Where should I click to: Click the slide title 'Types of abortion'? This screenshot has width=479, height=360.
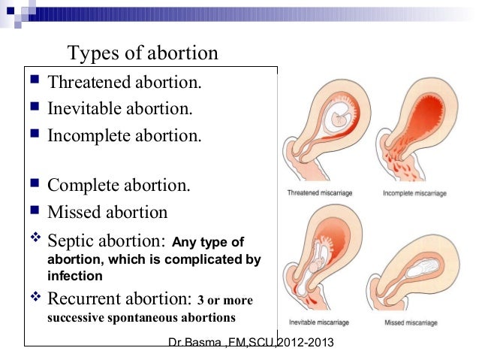click(143, 53)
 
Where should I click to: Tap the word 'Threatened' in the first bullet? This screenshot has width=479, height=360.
click(89, 82)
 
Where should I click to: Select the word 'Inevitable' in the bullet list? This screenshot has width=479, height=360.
click(85, 108)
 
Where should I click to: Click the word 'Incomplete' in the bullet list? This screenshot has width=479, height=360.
click(89, 135)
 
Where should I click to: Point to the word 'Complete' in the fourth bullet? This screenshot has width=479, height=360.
click(83, 186)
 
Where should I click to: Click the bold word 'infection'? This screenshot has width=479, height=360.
click(75, 276)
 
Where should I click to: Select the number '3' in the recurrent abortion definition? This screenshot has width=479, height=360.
click(200, 300)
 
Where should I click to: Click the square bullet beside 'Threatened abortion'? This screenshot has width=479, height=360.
click(35, 79)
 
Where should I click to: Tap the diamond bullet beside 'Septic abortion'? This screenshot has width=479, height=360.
click(35, 237)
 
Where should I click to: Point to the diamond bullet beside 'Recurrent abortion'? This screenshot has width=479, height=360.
click(35, 296)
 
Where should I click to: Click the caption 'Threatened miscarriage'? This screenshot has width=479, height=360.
click(320, 193)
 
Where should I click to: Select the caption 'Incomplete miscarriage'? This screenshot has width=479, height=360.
click(414, 193)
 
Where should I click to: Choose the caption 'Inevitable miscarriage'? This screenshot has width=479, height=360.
click(319, 322)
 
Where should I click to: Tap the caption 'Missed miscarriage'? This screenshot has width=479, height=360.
click(411, 322)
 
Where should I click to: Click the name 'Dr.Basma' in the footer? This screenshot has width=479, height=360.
click(195, 342)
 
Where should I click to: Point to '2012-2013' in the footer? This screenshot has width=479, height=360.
click(306, 342)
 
